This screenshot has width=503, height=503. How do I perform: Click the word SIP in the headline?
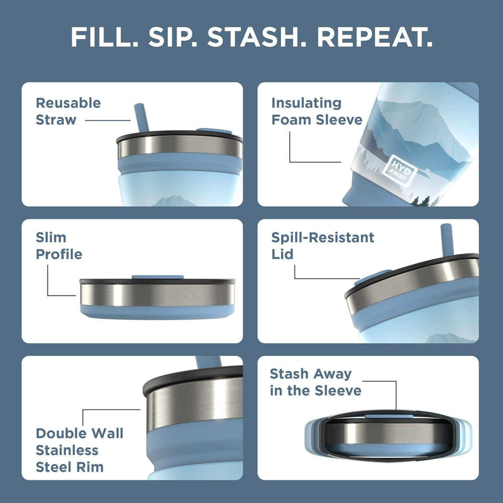[172, 37]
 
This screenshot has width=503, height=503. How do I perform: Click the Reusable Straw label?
[68, 111]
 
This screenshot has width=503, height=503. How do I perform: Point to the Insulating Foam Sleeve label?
[316, 111]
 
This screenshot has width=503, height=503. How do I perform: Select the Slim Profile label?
[58, 246]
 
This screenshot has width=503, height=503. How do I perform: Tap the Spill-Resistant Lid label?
[323, 246]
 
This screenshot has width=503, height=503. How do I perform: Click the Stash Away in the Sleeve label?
[315, 382]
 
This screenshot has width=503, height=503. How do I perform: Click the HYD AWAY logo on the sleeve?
[399, 169]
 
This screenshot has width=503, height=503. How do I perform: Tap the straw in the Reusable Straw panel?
[140, 117]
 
